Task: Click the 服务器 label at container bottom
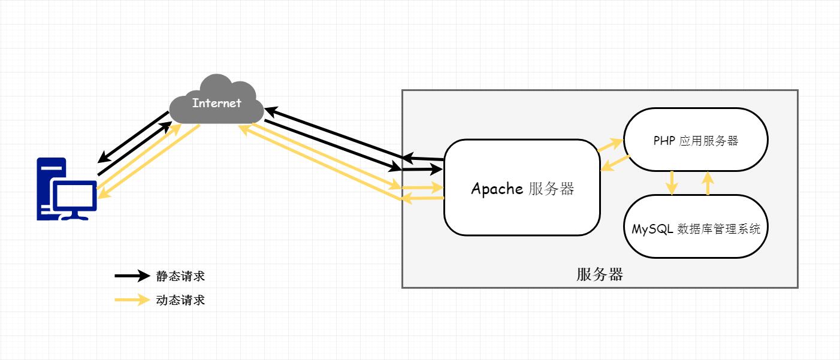[x=600, y=274]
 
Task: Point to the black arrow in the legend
[x=132, y=276]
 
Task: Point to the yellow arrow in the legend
[x=132, y=300]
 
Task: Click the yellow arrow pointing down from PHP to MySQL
[x=672, y=183]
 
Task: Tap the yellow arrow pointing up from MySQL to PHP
[x=708, y=183]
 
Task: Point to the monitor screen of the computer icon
[x=75, y=196]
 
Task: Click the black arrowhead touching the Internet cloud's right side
[x=270, y=111]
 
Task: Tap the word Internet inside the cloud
[x=216, y=103]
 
